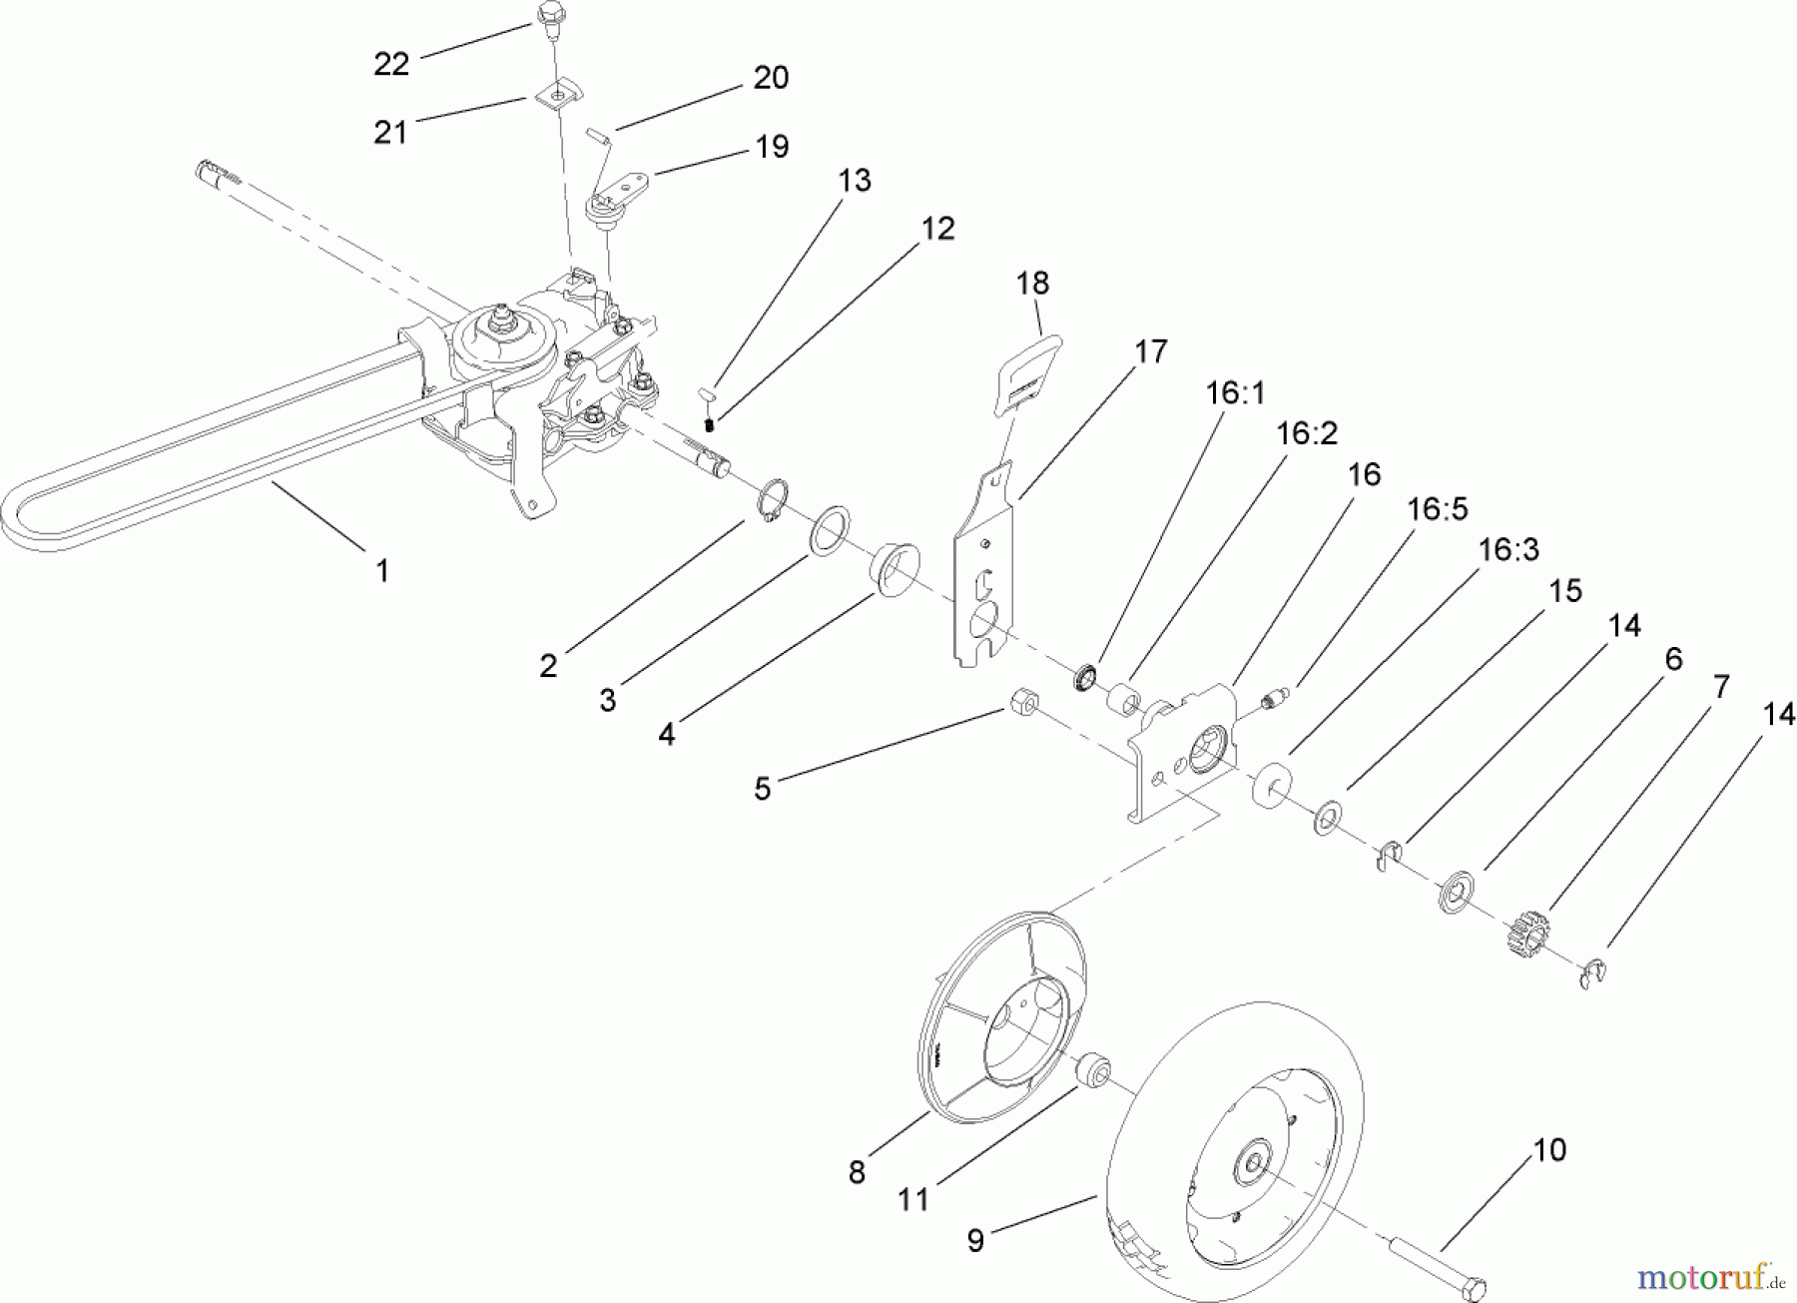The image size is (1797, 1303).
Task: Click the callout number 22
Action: [x=391, y=64]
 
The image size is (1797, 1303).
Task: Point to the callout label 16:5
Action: [x=1438, y=509]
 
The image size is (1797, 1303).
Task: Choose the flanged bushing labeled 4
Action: [x=892, y=569]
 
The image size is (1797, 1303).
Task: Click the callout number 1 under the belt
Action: [x=381, y=571]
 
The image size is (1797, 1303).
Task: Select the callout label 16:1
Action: [x=1235, y=393]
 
